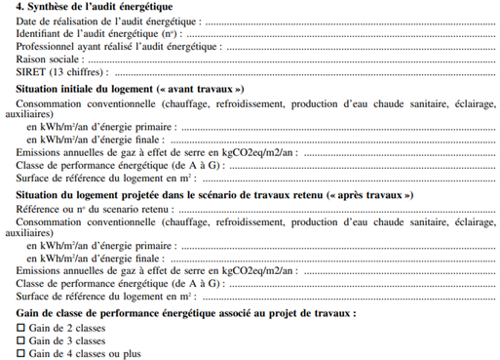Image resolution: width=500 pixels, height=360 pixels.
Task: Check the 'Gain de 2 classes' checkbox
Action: pyautogui.click(x=21, y=329)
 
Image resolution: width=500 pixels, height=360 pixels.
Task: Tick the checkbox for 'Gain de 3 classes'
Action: pyautogui.click(x=21, y=341)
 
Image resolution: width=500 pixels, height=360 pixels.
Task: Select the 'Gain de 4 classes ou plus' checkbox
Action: pyautogui.click(x=21, y=354)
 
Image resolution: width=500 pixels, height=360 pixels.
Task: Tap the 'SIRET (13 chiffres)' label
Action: pyautogui.click(x=58, y=72)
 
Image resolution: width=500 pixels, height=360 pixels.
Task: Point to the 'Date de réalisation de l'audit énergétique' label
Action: pyautogui.click(x=108, y=20)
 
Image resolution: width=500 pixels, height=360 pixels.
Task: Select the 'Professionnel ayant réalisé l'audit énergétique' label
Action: pyautogui.click(x=117, y=46)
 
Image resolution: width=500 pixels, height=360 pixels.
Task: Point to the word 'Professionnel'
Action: pyautogui.click(x=50, y=46)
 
